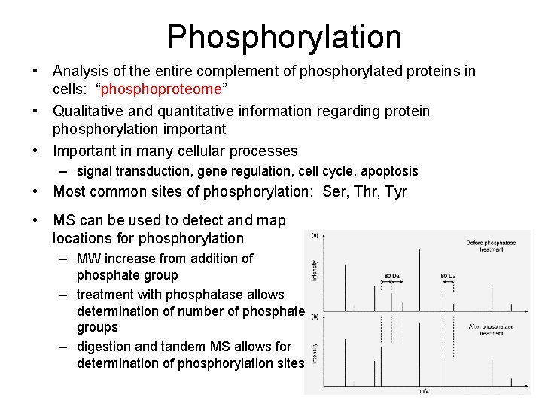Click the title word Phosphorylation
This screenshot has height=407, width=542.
[284, 37]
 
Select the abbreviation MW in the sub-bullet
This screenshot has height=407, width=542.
[89, 259]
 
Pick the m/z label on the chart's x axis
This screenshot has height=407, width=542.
[425, 390]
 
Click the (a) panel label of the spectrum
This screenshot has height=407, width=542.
[313, 235]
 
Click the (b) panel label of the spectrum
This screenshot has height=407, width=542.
[313, 317]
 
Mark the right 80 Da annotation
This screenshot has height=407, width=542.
[449, 276]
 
